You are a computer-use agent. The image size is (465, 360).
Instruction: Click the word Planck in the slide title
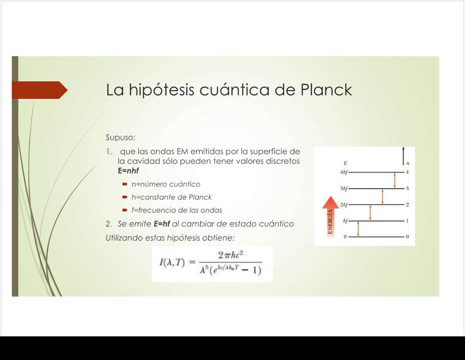(326, 89)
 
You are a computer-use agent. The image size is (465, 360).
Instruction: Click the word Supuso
(120, 138)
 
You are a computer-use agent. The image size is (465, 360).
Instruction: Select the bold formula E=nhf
(128, 171)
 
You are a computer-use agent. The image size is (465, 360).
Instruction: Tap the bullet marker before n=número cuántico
(125, 184)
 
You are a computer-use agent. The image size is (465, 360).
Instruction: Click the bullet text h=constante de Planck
(171, 197)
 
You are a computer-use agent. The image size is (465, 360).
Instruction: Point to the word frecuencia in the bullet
(157, 210)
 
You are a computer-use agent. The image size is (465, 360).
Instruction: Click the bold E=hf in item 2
(162, 224)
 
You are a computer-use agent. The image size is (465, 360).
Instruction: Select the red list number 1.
(109, 152)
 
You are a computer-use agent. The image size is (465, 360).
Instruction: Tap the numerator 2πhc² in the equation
(231, 255)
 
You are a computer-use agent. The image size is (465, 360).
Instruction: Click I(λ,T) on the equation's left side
(172, 262)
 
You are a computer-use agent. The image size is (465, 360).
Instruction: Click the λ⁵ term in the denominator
(204, 269)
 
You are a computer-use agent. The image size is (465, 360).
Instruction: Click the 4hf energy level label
(344, 172)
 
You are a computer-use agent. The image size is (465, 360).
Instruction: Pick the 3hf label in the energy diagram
(344, 188)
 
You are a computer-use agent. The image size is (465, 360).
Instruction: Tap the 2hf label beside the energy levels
(344, 205)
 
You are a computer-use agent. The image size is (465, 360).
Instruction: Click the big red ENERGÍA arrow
(331, 216)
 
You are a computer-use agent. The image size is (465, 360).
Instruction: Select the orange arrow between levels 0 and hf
(358, 229)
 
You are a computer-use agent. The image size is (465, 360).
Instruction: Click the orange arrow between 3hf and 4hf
(395, 180)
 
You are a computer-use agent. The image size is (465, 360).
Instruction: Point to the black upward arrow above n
(403, 156)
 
